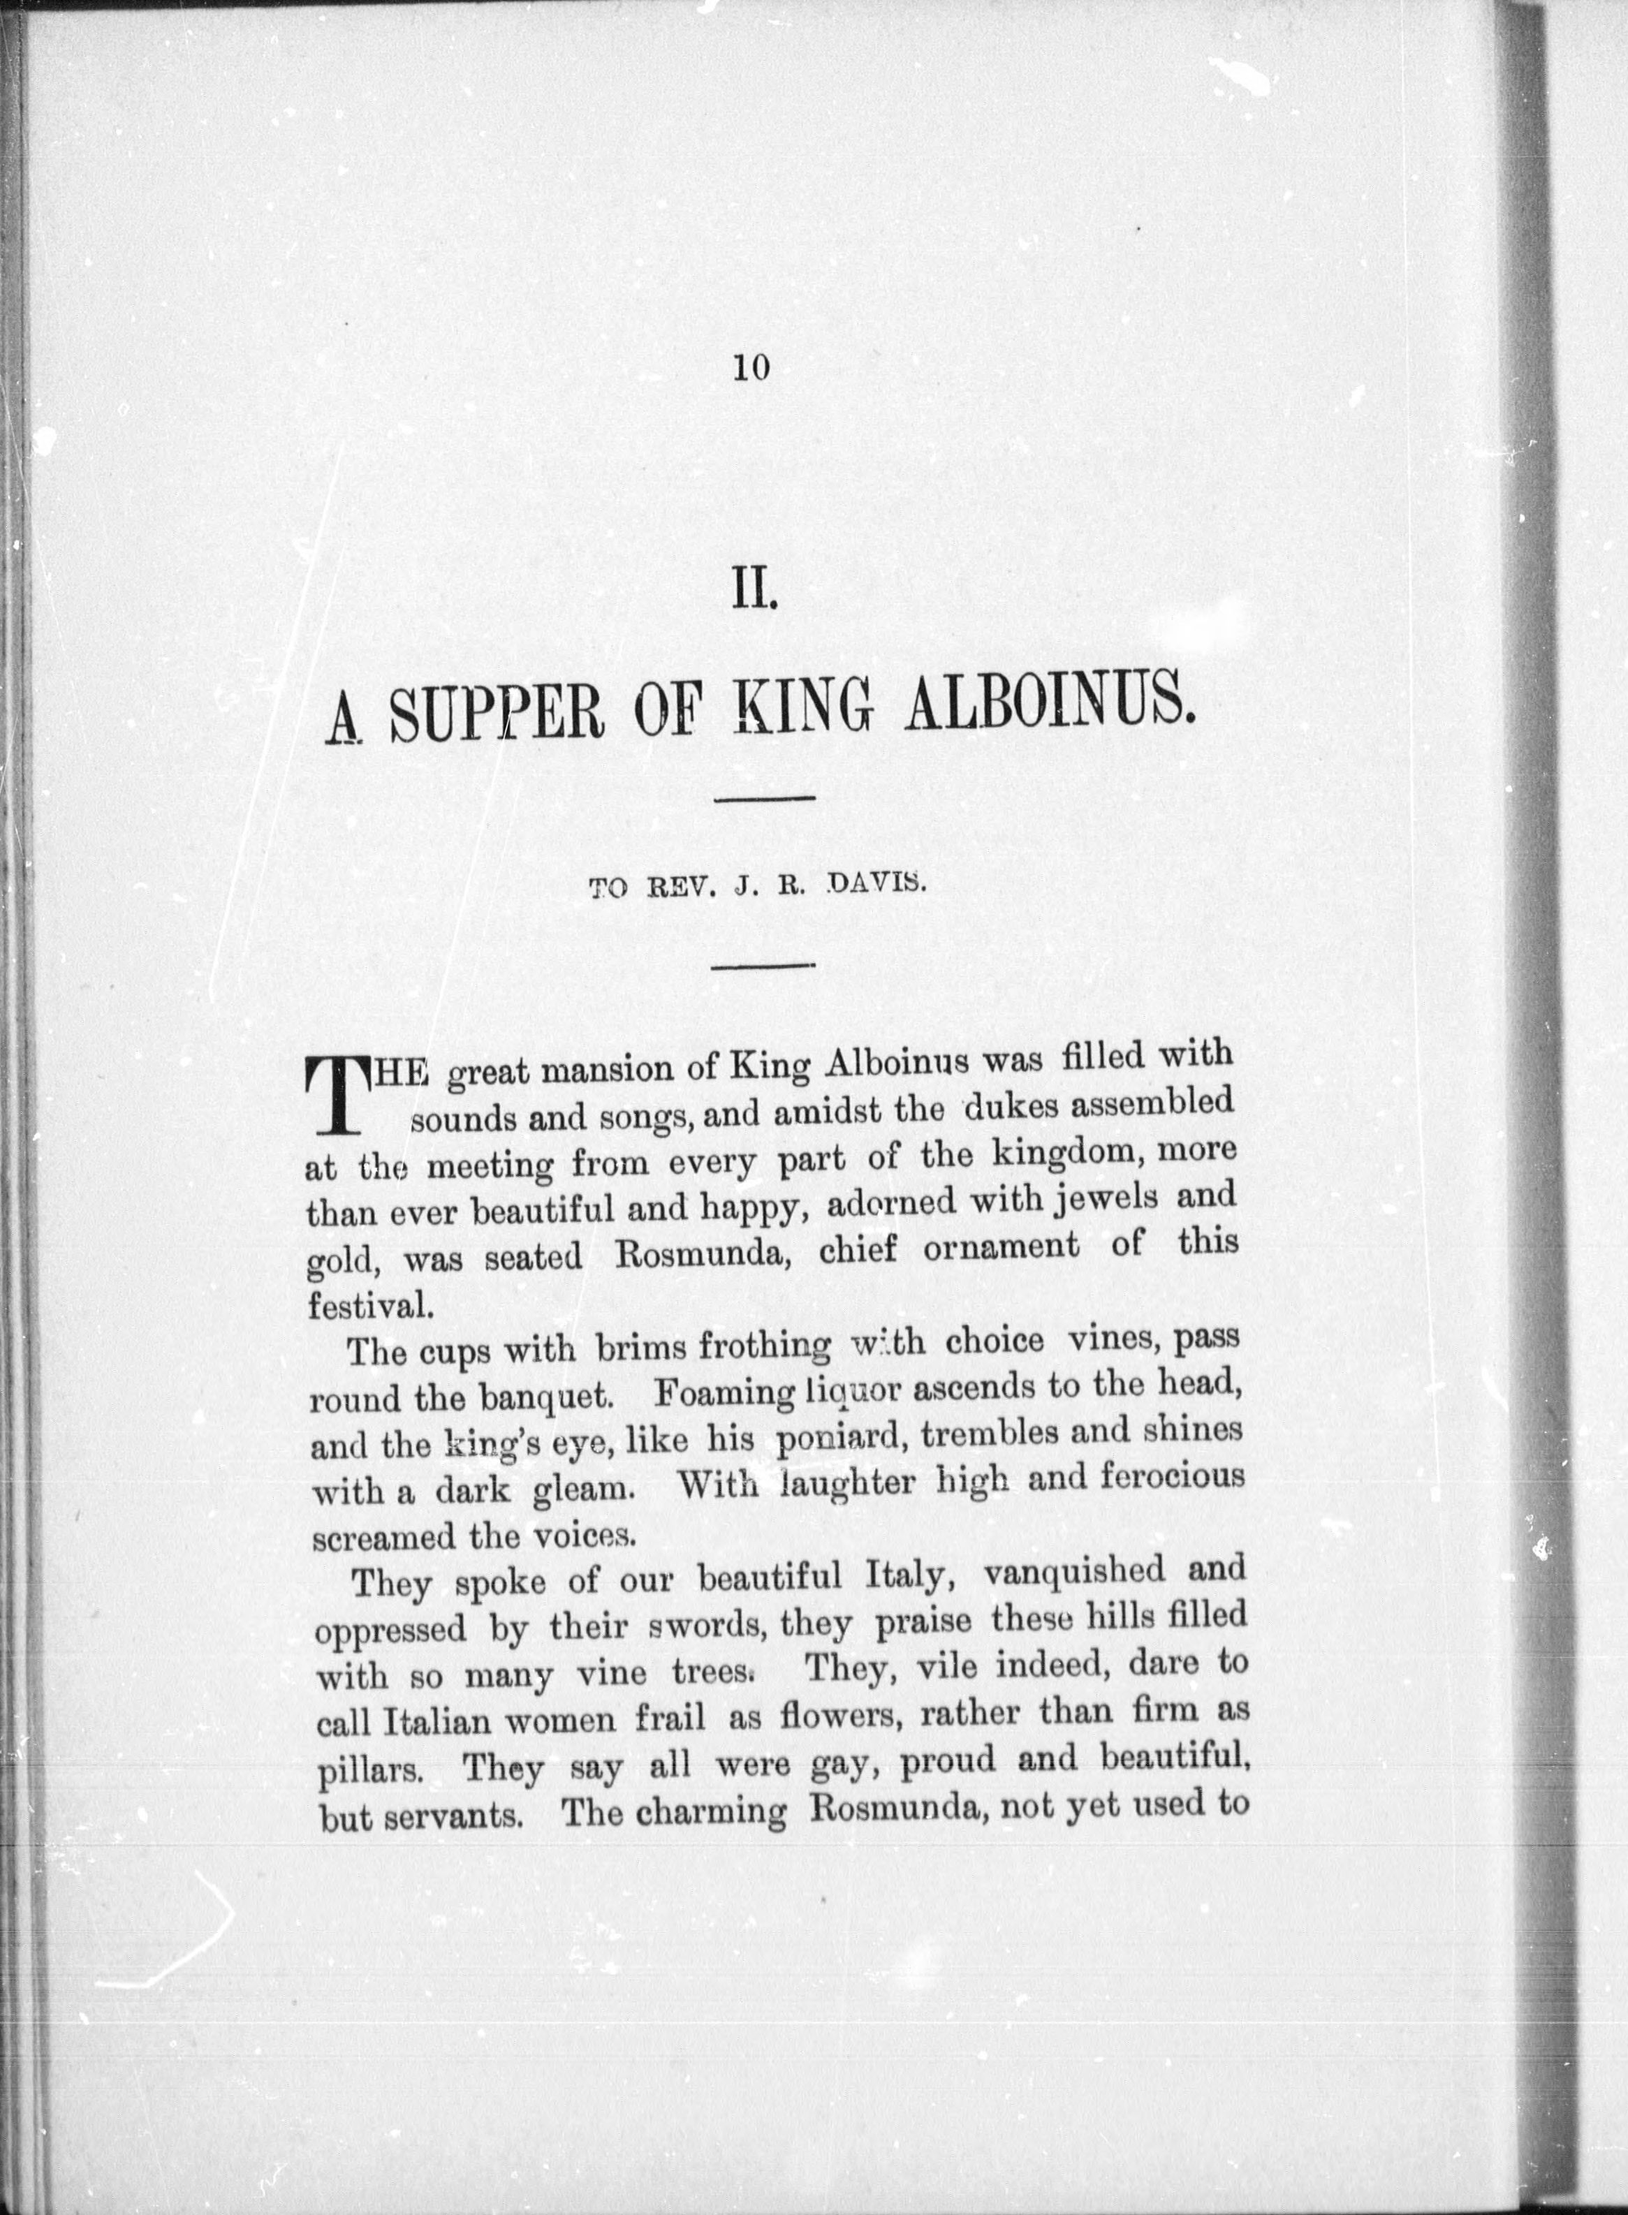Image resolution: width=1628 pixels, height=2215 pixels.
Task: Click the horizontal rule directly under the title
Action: point(764,798)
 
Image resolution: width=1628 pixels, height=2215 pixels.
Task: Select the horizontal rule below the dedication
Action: point(762,966)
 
